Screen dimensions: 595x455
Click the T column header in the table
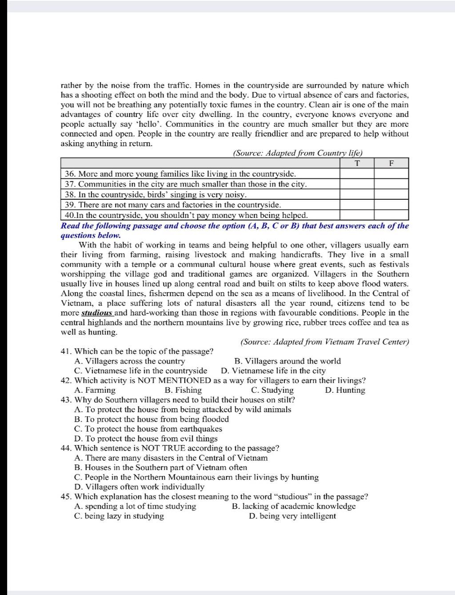(x=357, y=163)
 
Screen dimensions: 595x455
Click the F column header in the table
(x=391, y=163)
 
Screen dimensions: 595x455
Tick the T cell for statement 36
(x=357, y=174)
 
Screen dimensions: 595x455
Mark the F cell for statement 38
(x=391, y=194)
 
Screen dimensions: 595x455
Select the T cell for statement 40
(x=357, y=215)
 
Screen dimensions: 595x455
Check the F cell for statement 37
(x=391, y=184)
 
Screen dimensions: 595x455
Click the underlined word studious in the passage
(x=97, y=313)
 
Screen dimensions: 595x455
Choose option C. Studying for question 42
(x=272, y=390)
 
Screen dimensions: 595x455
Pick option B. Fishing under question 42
(x=183, y=390)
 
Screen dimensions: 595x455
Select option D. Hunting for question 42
(x=345, y=390)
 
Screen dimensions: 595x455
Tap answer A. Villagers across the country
(x=130, y=361)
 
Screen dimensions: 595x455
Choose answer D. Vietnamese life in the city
(x=273, y=371)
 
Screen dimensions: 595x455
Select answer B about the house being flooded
(x=152, y=419)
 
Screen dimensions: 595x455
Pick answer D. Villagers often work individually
(x=140, y=487)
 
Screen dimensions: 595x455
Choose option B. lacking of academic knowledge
(x=294, y=507)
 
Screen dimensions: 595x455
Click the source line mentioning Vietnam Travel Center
(x=324, y=342)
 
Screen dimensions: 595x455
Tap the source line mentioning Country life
(x=298, y=153)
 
